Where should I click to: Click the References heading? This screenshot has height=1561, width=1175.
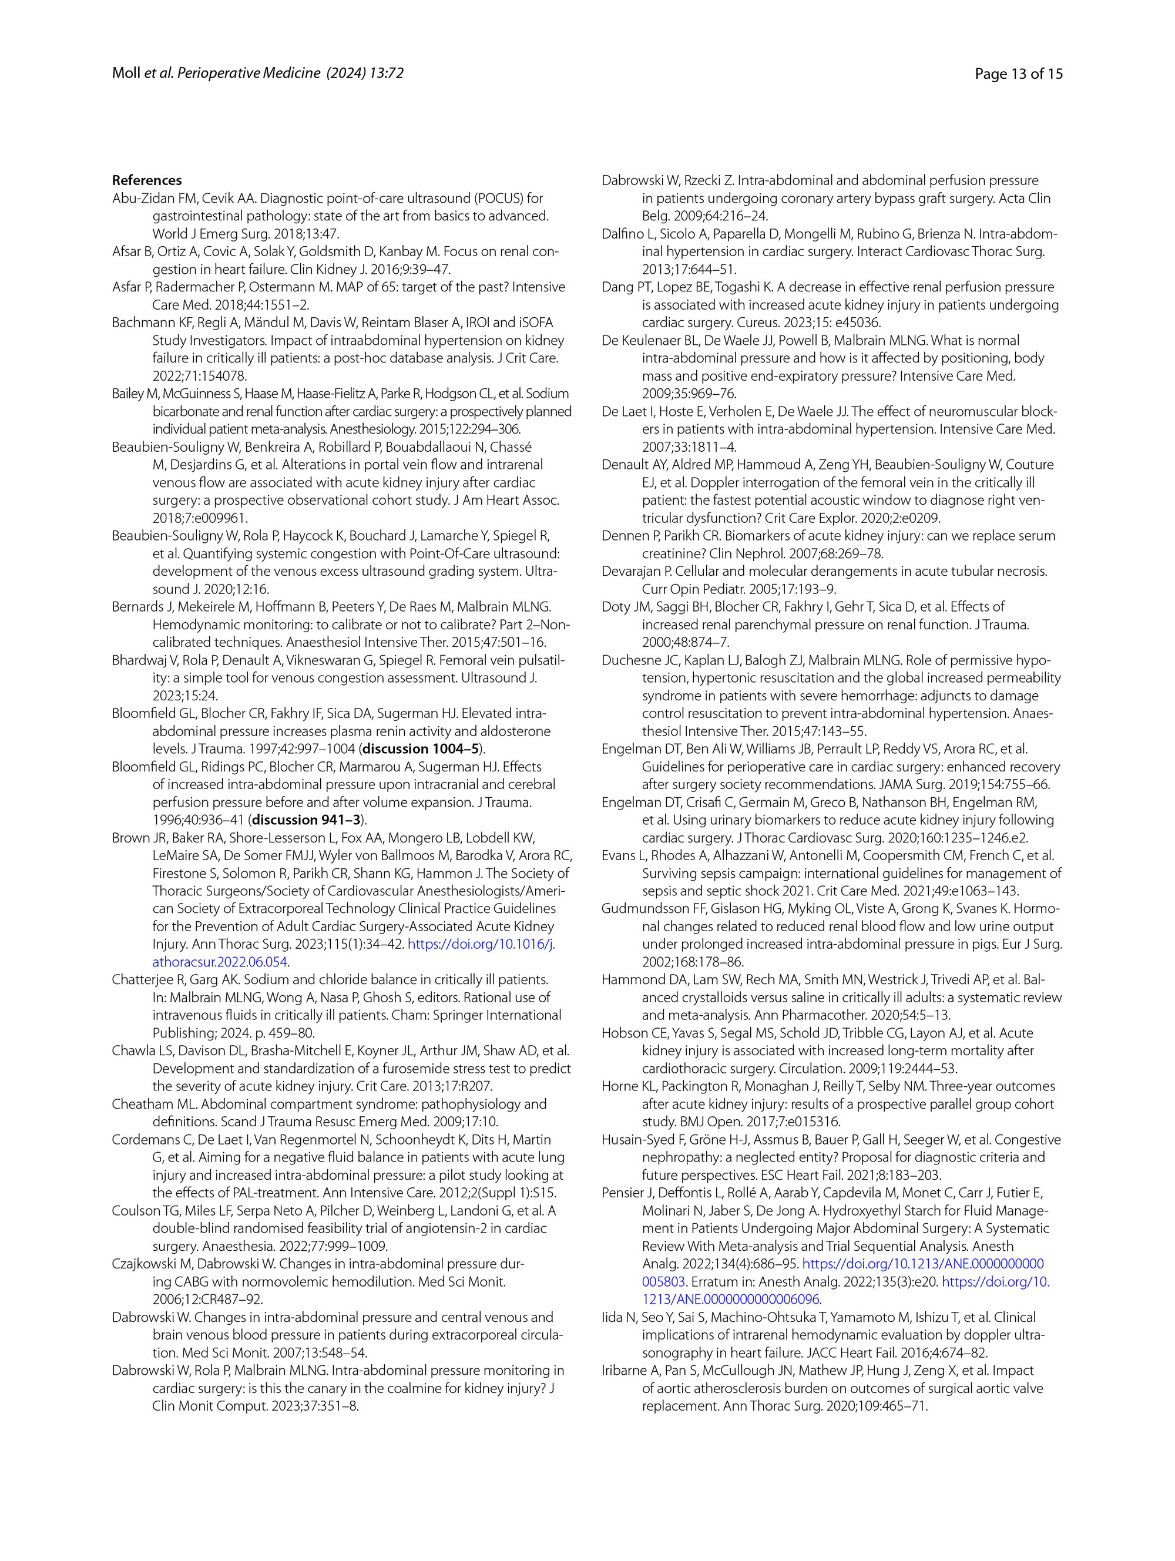tap(147, 180)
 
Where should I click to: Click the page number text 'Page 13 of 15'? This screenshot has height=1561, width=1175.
tap(1018, 73)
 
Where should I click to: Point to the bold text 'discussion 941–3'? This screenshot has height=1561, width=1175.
tap(306, 820)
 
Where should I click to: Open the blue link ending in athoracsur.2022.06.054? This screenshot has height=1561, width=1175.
tap(220, 962)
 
